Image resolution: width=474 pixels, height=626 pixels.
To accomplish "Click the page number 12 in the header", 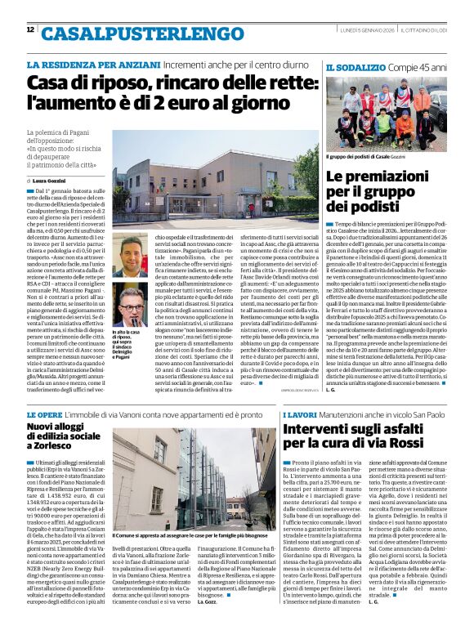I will pos(30,30).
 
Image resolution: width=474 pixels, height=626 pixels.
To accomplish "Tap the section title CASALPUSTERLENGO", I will pos(120,34).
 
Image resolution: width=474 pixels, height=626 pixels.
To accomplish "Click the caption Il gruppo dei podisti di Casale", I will pos(364,155).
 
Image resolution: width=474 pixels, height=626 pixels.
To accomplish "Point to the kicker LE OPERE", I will pos(48,415).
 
